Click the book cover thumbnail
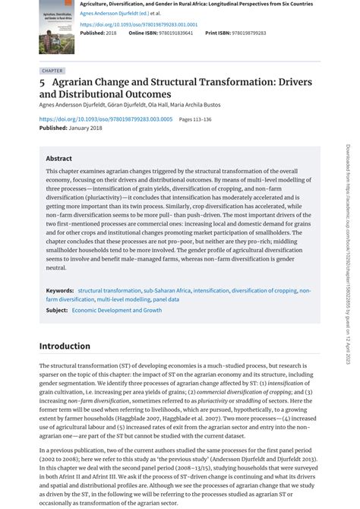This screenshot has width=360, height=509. (x=56, y=27)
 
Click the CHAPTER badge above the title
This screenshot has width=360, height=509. (x=52, y=71)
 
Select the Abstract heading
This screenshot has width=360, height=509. (x=58, y=159)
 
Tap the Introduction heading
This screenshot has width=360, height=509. (x=65, y=346)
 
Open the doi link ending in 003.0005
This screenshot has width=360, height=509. (x=106, y=119)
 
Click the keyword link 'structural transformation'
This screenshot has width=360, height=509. (x=109, y=290)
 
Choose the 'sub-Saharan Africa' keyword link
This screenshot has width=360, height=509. (x=167, y=290)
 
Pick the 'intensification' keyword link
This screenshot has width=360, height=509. (x=210, y=290)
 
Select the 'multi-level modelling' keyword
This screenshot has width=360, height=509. (x=123, y=299)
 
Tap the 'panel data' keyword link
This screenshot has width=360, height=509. (x=166, y=299)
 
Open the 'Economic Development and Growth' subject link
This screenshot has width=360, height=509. (x=117, y=310)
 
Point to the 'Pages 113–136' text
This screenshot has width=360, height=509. (x=195, y=119)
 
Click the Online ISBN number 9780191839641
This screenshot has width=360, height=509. (x=172, y=33)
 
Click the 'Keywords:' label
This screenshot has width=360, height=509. (x=60, y=290)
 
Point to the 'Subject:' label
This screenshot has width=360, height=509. (x=57, y=310)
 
